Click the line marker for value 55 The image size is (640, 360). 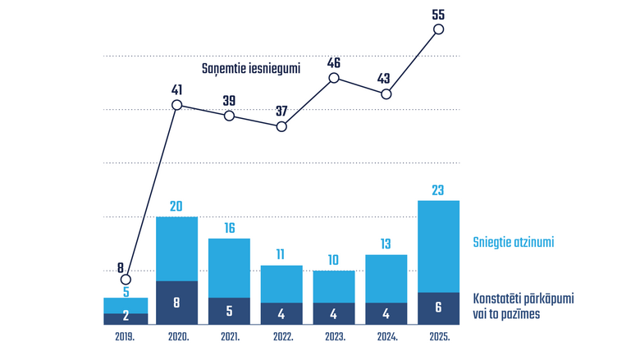click(x=438, y=30)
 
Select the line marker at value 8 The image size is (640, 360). click(x=126, y=280)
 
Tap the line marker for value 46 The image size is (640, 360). click(x=334, y=78)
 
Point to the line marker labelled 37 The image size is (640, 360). click(x=281, y=127)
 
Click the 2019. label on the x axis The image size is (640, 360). click(x=126, y=337)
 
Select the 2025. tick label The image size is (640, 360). click(x=438, y=337)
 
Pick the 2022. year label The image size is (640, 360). click(x=281, y=337)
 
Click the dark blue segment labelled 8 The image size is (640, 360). click(x=177, y=303)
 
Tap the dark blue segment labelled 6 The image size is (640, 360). click(x=438, y=308)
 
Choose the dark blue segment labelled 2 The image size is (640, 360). click(x=126, y=319)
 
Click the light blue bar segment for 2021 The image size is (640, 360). click(x=230, y=267)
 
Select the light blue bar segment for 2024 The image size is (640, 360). click(x=386, y=279)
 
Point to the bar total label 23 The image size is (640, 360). click(x=438, y=190)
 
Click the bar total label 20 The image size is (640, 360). click(x=177, y=207)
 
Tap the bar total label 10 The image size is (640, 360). click(x=334, y=260)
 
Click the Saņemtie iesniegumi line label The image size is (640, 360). click(x=251, y=69)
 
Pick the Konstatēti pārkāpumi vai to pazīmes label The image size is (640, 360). click(x=523, y=308)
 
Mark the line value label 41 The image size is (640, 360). click(x=177, y=89)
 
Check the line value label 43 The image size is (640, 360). click(x=386, y=78)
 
